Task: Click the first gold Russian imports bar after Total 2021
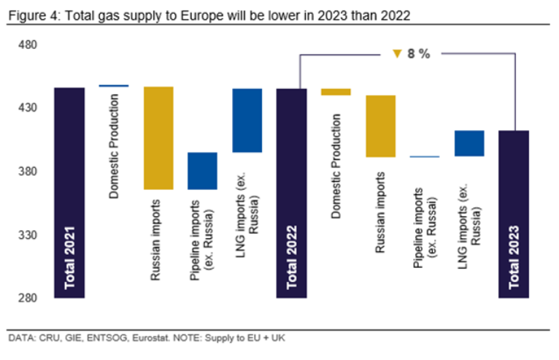tap(158, 138)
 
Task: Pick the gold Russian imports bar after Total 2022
tap(380, 126)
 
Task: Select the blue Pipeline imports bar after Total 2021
tap(202, 171)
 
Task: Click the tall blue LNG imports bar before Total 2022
tap(247, 120)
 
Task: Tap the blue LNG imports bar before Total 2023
tap(469, 143)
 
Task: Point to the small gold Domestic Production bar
tap(336, 92)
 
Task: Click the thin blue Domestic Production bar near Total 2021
tap(114, 86)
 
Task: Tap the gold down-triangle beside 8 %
tap(397, 53)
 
